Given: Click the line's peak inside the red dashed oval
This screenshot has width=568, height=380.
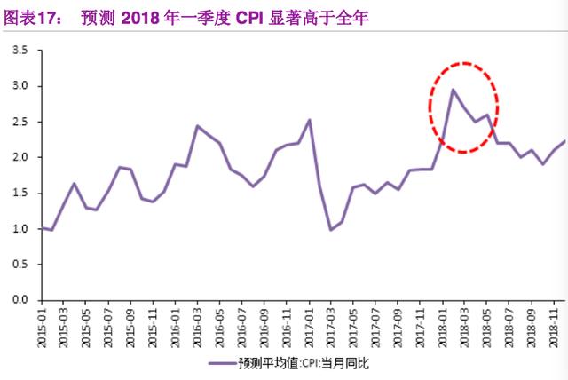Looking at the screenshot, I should pos(453,89).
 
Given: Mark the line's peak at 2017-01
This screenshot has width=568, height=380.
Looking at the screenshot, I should pos(309,120).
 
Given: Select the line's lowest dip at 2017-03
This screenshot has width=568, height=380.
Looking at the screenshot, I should pos(331,230).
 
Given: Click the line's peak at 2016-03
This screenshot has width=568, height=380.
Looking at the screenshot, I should pos(197,126).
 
